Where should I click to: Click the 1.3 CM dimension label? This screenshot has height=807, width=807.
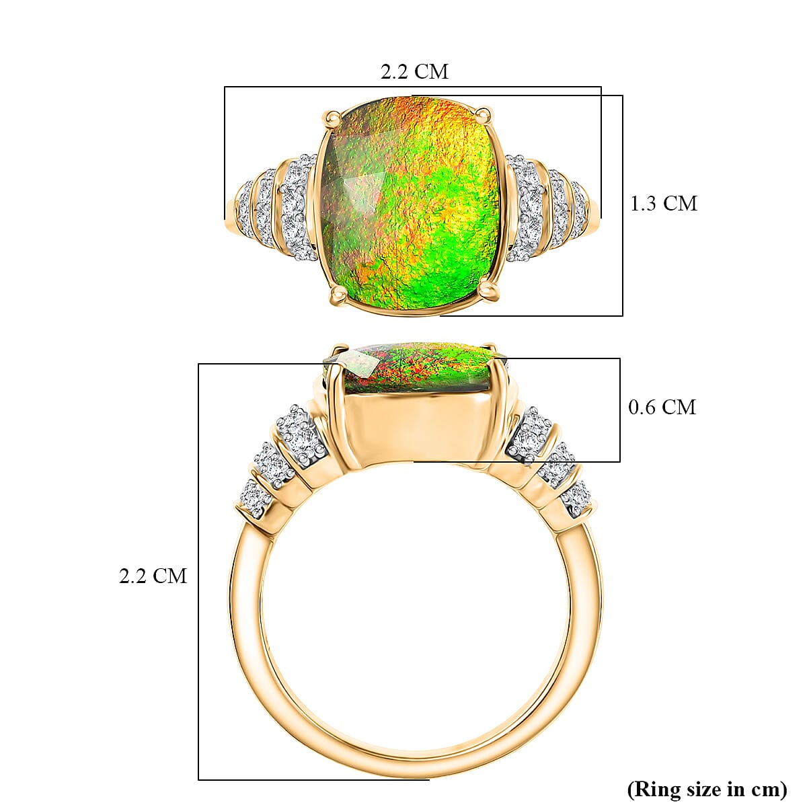point(663,203)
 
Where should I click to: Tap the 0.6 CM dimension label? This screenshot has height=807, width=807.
point(662,407)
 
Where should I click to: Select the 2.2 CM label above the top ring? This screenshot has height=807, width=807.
point(414,71)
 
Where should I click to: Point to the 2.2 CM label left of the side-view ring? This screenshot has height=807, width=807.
point(153,576)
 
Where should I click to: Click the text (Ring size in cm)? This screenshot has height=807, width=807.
point(706,788)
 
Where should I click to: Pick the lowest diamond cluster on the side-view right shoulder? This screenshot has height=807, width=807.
point(576,496)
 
